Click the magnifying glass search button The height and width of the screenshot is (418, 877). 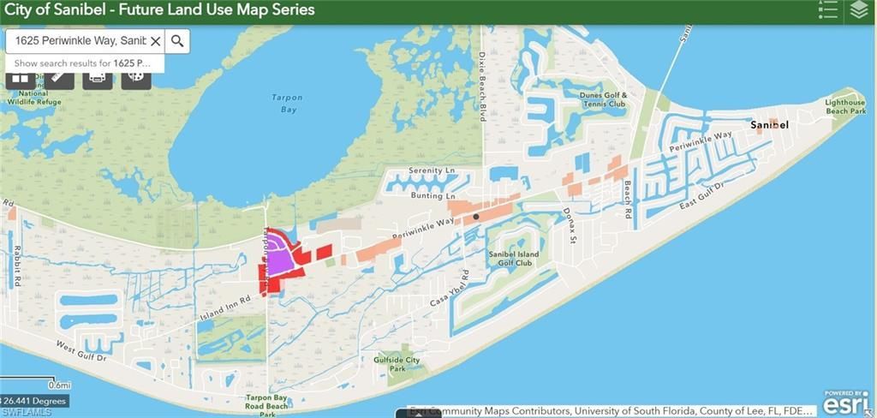[x=177, y=41]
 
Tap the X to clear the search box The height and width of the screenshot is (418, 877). [x=155, y=41]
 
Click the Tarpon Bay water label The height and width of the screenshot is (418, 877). [x=287, y=103]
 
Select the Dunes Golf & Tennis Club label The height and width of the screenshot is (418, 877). [x=603, y=99]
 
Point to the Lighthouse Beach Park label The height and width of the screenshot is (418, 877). [x=845, y=106]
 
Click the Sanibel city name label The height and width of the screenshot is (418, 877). [x=768, y=125]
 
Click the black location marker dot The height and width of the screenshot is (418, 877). [x=476, y=217]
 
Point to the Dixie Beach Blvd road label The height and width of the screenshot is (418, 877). [x=482, y=99]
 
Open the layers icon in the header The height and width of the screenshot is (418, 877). [x=859, y=10]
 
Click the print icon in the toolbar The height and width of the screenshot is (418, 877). [x=97, y=77]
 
